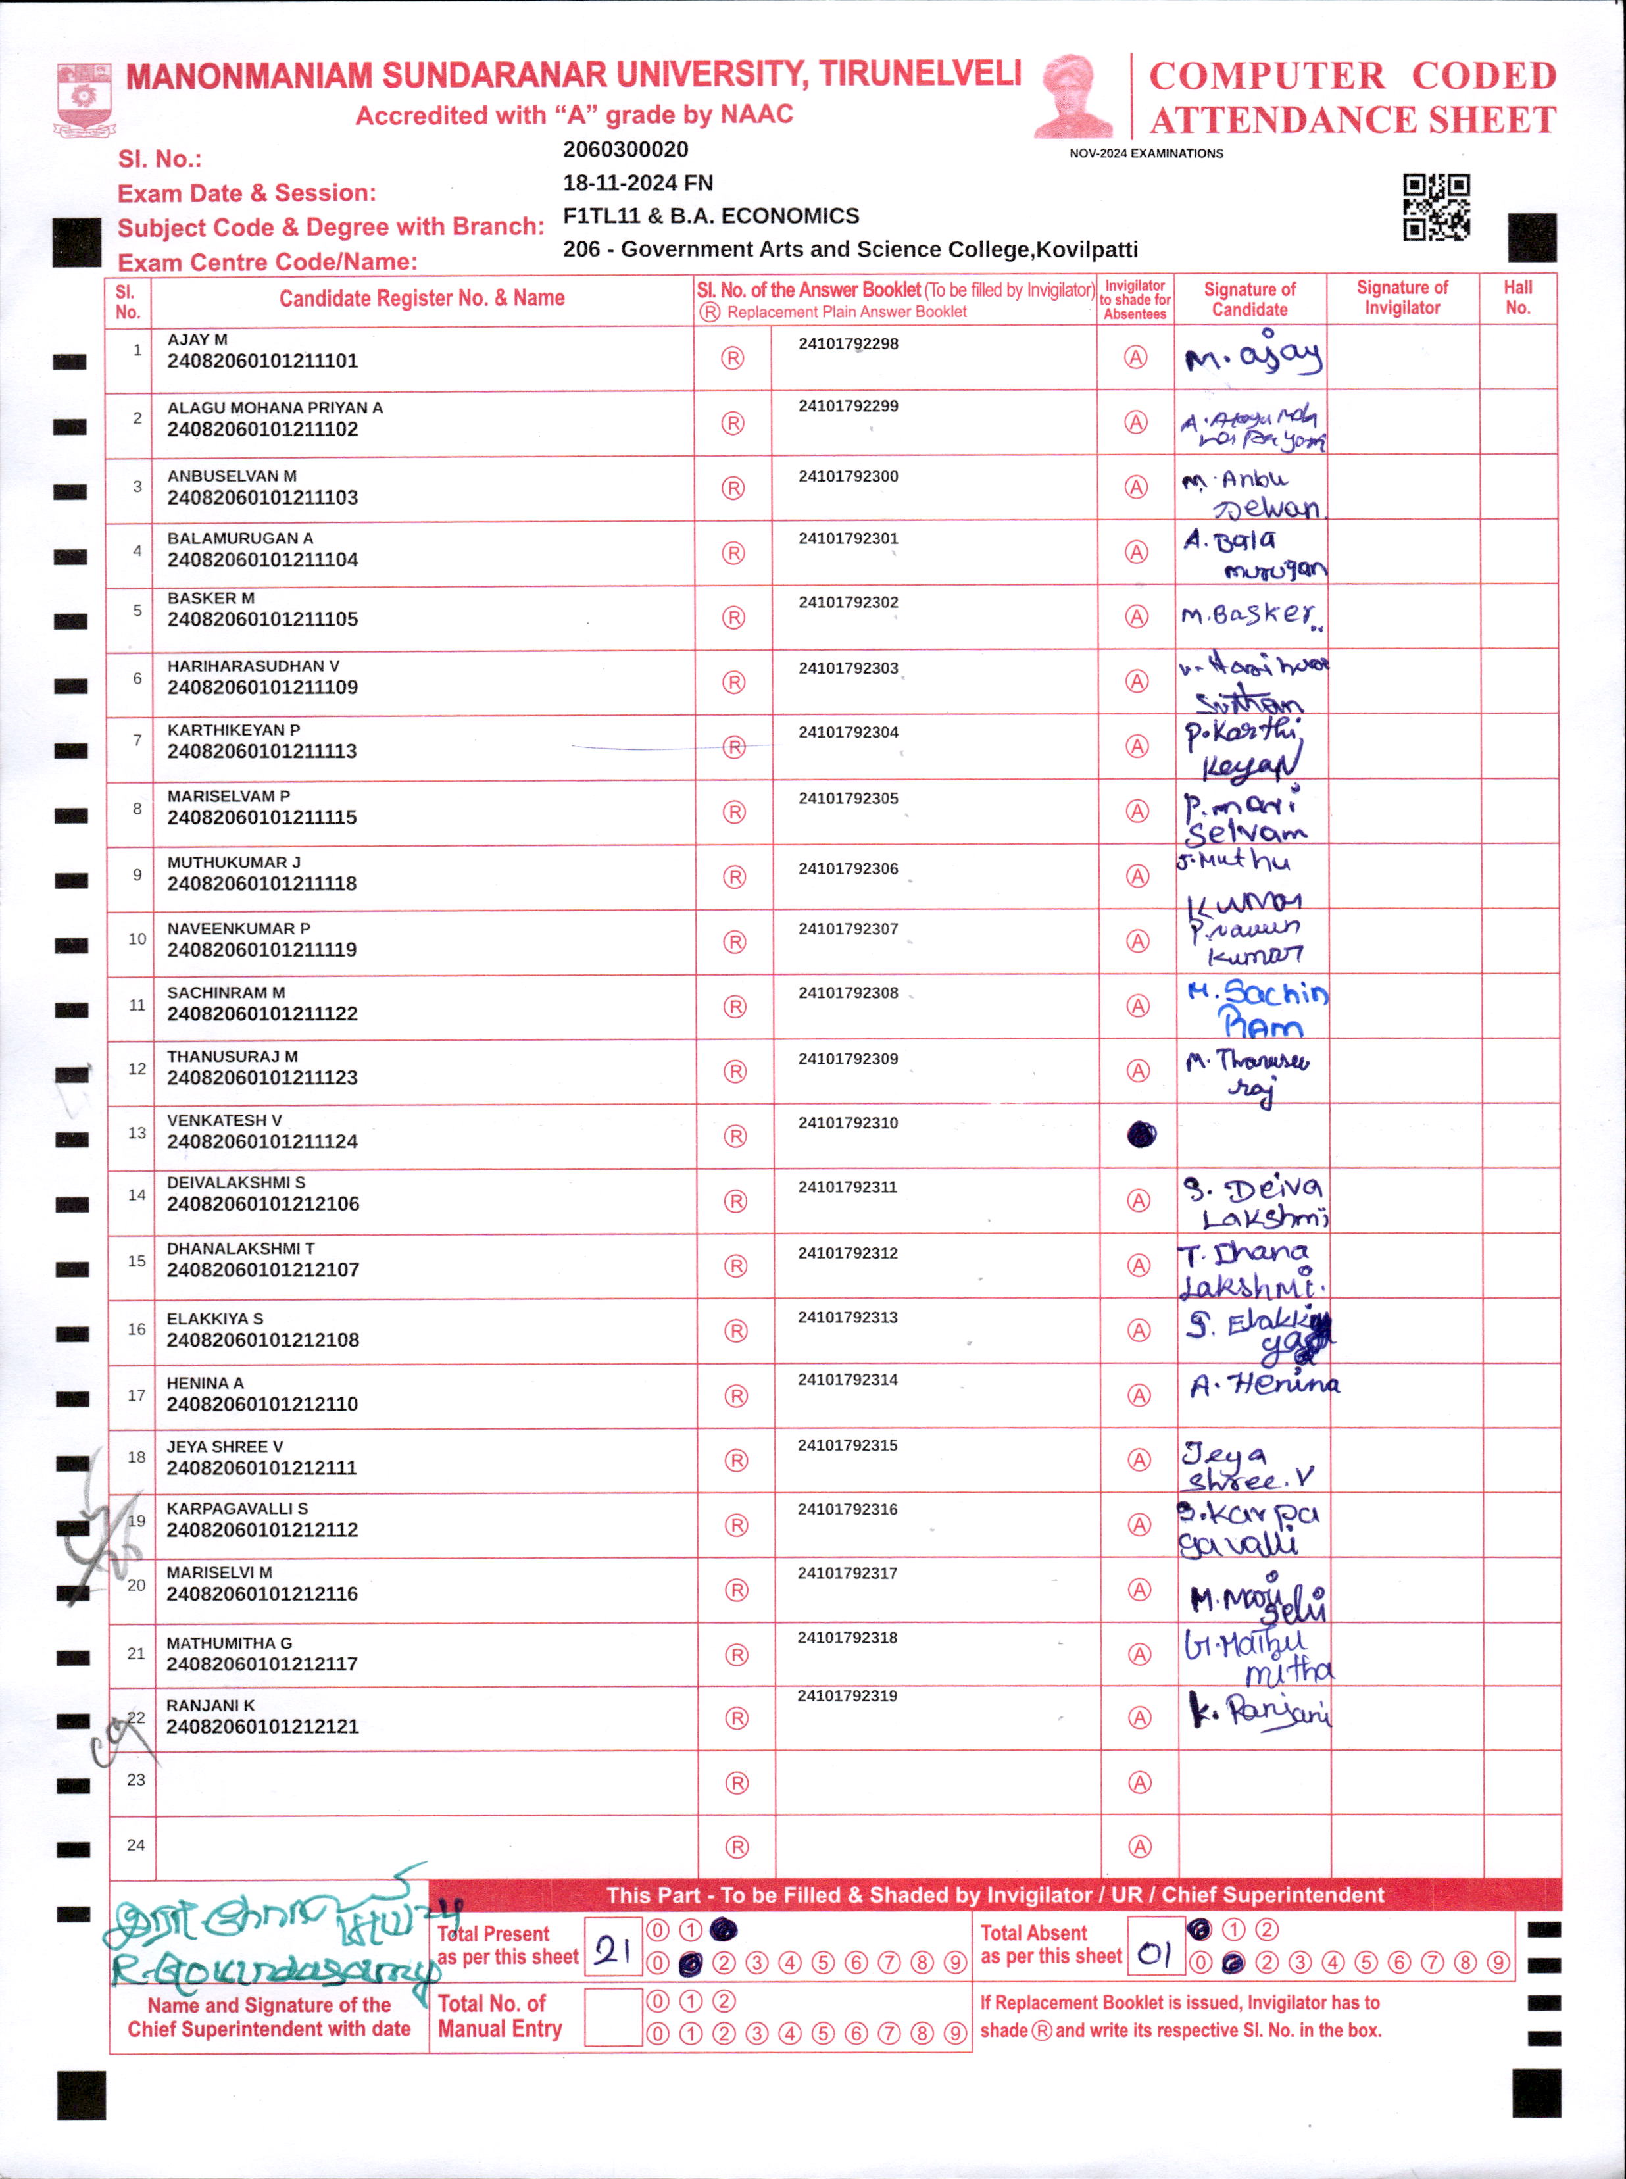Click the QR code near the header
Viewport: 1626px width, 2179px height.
coord(1436,207)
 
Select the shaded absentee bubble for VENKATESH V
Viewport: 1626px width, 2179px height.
coord(1141,1135)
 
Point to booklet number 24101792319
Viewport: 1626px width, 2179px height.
coord(847,1695)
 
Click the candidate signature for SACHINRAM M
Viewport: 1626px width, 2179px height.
coord(1257,1008)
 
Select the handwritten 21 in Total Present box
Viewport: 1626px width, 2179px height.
coord(612,1949)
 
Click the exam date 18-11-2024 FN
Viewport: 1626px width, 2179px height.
coord(638,183)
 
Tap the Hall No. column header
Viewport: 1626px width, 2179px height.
coord(1517,297)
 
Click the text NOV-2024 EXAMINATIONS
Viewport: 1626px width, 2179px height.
coord(1146,153)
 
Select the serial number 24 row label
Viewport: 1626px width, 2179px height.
coord(135,1844)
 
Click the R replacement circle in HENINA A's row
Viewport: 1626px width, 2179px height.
coord(735,1395)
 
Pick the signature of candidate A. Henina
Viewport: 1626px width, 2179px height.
coord(1264,1386)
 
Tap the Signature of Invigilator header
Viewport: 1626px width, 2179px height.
coord(1402,297)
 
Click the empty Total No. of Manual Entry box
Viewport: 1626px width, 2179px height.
coord(612,2016)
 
